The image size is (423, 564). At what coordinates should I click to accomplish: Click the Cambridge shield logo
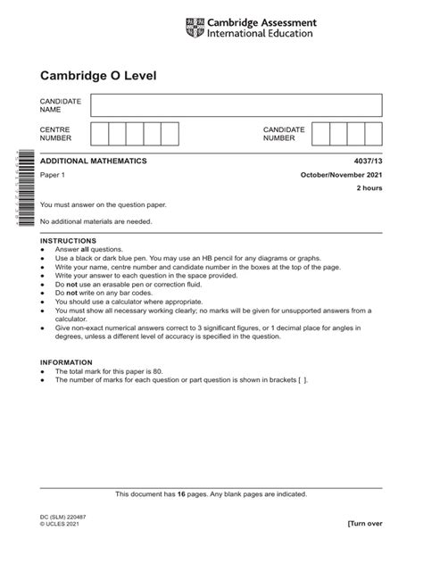point(192,28)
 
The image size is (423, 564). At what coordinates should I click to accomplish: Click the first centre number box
point(98,135)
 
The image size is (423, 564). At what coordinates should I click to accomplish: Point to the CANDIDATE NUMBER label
point(284,135)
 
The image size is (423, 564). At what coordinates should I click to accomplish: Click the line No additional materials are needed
point(96,220)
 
